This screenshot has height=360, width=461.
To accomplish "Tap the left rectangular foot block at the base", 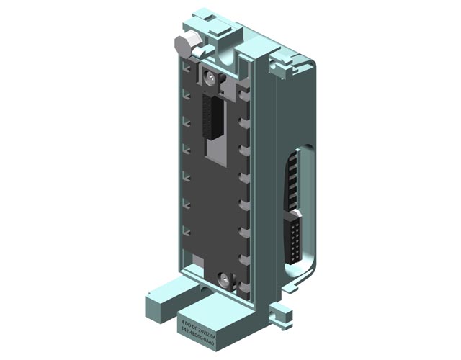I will (164, 294).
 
